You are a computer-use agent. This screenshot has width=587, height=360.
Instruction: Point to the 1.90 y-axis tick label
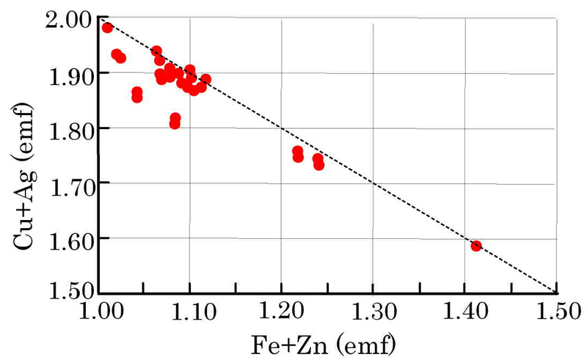(64, 73)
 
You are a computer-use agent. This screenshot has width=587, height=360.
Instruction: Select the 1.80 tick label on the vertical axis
(64, 128)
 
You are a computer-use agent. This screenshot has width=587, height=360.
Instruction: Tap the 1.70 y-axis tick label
(64, 183)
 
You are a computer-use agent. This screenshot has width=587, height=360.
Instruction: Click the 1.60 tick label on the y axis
(64, 238)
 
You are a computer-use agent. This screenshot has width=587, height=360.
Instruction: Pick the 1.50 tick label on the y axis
(64, 292)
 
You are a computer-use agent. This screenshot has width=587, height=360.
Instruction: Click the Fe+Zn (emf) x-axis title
(329, 342)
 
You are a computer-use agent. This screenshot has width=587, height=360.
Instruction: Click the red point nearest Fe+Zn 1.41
(475, 246)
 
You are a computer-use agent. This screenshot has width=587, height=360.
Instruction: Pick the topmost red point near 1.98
(107, 28)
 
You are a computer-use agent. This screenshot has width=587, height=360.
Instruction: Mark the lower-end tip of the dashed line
(557, 292)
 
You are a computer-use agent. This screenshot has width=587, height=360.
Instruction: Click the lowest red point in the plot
(475, 246)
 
